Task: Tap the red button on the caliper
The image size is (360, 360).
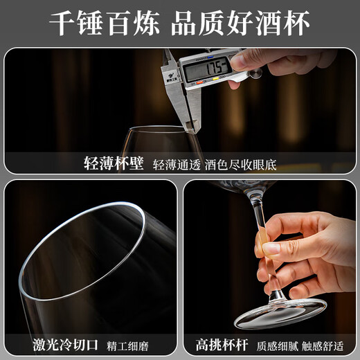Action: point(199,82)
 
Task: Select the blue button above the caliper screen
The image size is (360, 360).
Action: point(210,57)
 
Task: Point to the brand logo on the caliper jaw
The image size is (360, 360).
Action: point(172,77)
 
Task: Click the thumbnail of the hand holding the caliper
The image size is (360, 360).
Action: point(237,62)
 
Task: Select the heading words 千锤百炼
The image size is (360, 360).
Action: point(105,23)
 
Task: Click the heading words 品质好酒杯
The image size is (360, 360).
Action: point(240,23)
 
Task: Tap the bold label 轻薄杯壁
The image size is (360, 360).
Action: point(114,163)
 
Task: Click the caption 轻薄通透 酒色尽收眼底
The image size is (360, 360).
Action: point(215,165)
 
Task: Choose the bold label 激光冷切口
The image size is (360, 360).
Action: point(65,345)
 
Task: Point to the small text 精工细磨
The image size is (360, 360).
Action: point(127,346)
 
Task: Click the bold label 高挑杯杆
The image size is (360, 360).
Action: point(222,345)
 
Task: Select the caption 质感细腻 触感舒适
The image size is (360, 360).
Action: point(300,346)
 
